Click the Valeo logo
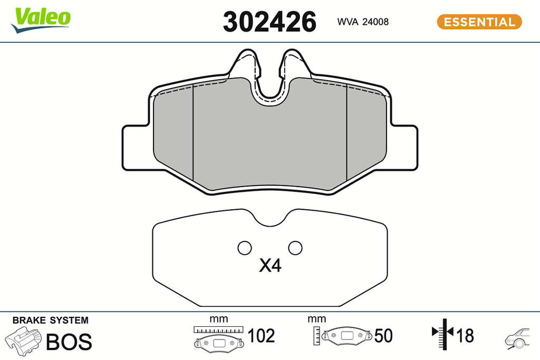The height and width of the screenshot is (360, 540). pos(41,20)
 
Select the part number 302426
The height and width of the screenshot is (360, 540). pos(269,22)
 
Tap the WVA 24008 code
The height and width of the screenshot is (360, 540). pos(363,22)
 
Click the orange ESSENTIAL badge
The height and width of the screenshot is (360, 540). pos(479,22)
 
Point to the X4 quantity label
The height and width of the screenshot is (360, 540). pos(270,265)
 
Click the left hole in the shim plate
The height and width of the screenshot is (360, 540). pos(245,248)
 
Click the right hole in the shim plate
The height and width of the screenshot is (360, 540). pos(295,248)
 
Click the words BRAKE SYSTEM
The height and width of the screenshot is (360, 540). pos(50,320)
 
